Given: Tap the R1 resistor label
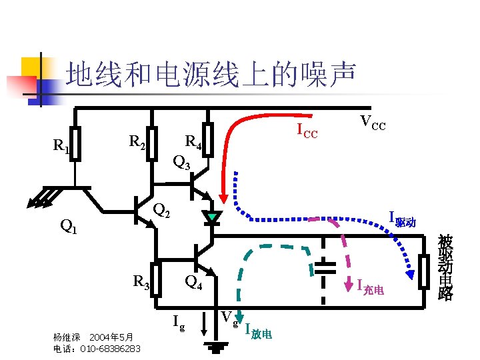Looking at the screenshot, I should click(61, 146).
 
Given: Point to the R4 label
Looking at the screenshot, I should click(193, 141).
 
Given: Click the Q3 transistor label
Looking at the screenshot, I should click(182, 161).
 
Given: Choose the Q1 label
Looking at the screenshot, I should click(69, 227).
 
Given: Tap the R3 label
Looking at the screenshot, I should click(141, 281).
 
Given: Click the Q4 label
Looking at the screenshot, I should click(193, 281).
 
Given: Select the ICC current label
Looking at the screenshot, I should click(307, 132).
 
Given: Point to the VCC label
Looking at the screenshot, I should click(373, 123).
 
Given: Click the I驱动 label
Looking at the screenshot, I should click(402, 219).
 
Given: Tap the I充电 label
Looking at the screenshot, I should click(370, 287).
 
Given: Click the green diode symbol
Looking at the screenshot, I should click(212, 217).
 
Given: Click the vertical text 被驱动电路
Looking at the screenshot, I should click(445, 267).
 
